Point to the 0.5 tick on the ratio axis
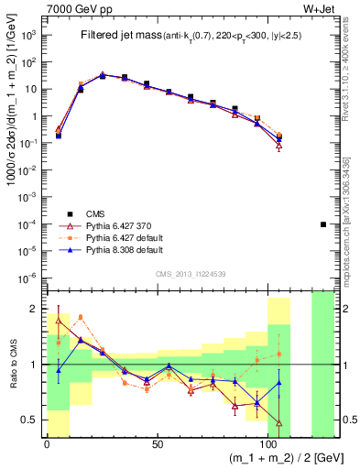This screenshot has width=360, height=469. pos(31,420)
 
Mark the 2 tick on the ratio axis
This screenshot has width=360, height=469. pos(35,308)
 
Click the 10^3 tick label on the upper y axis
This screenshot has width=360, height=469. pos(30,36)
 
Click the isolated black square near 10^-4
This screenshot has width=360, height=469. pos(323,224)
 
